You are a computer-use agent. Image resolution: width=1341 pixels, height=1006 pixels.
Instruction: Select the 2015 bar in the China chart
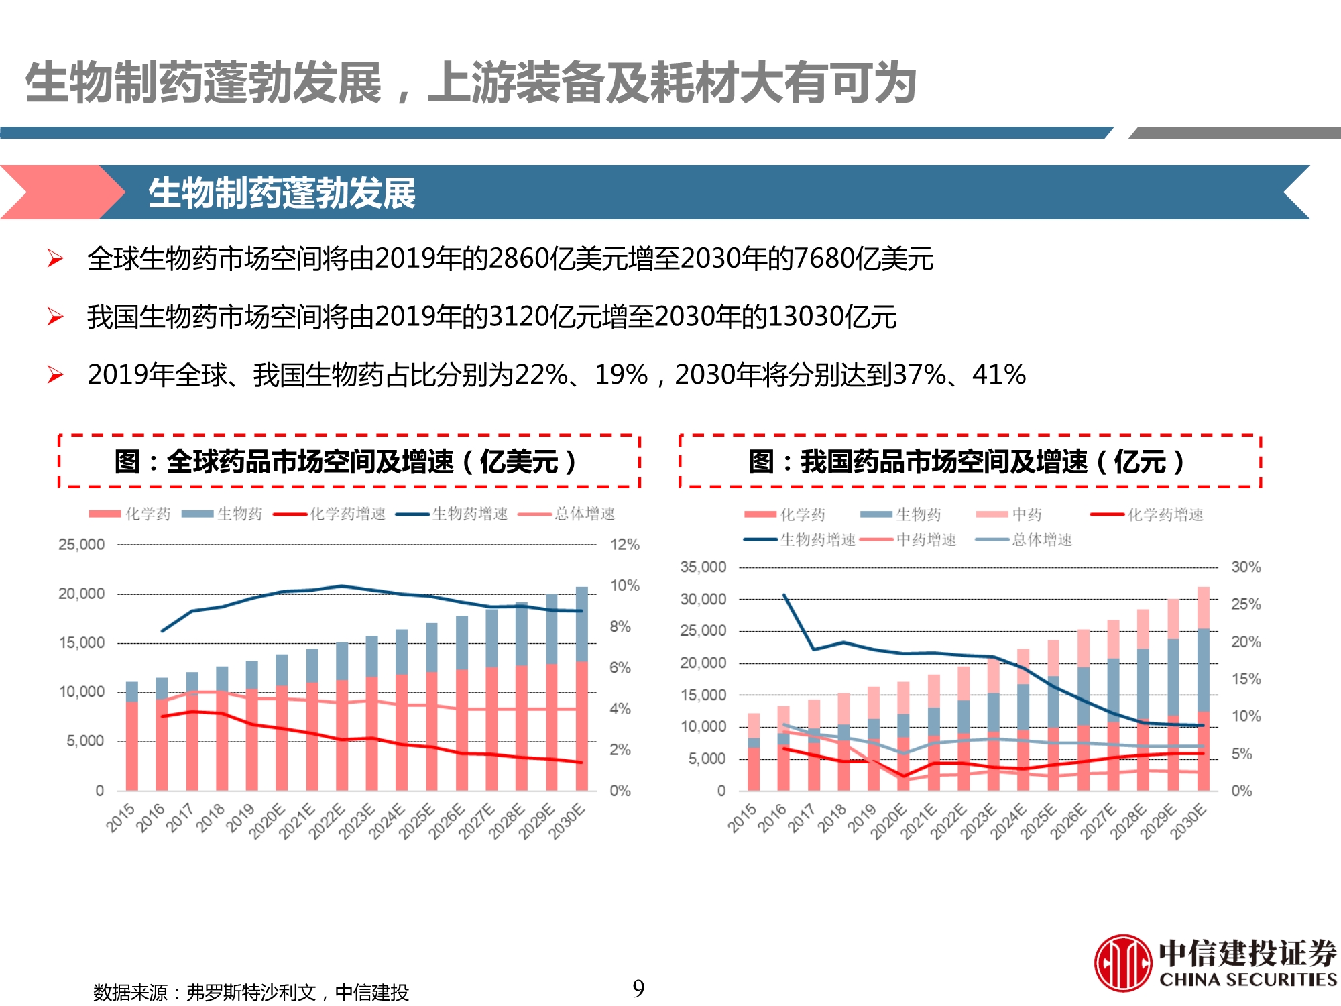coord(754,752)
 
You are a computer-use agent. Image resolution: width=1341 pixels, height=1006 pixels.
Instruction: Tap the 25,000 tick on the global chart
coord(81,545)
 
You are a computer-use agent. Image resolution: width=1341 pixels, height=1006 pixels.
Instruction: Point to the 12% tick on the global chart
coord(624,545)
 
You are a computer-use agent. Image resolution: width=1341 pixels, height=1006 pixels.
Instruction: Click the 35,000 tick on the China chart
coord(703,567)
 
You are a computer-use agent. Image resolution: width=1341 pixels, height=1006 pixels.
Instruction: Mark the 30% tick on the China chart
coord(1246,567)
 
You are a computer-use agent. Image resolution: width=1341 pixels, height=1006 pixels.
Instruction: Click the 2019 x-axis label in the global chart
coord(241,818)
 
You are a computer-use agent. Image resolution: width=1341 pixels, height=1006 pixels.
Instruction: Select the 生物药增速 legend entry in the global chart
coord(469,514)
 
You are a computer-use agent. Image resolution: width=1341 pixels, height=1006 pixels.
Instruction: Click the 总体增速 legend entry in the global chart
coord(584,514)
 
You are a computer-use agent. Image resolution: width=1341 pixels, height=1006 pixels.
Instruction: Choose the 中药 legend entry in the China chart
coord(1027,515)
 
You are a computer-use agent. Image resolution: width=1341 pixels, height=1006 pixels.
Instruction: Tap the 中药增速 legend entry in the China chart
coord(926,540)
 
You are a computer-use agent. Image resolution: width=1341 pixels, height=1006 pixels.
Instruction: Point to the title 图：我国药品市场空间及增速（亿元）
coord(970,461)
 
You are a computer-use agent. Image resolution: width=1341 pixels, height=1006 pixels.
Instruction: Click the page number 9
coord(638,988)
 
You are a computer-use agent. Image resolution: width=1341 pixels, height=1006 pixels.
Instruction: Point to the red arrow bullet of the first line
coord(55,259)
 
